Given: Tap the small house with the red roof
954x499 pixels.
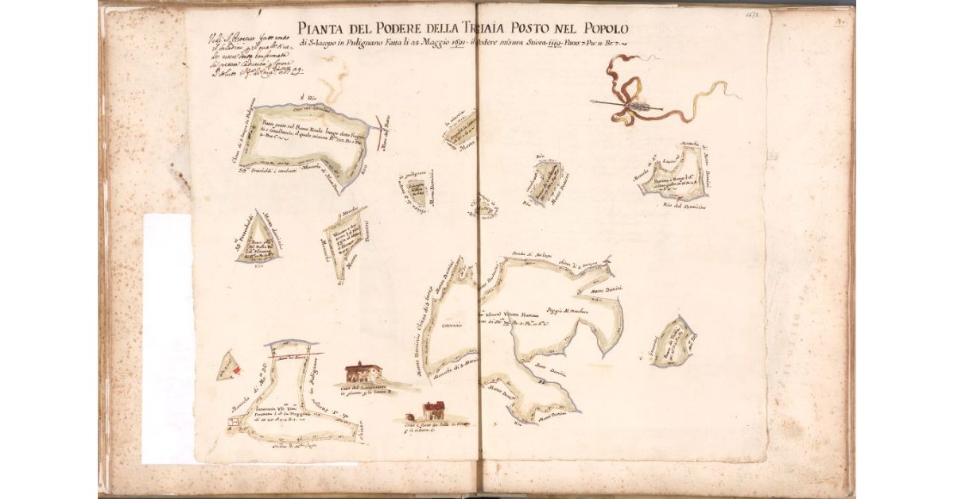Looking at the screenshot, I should coord(433,410).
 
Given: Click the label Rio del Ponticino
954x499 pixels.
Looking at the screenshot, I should coord(681,206).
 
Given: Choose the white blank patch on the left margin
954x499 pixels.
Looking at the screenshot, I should coord(167,338).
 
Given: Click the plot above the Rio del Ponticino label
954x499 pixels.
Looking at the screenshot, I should coord(674,178).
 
